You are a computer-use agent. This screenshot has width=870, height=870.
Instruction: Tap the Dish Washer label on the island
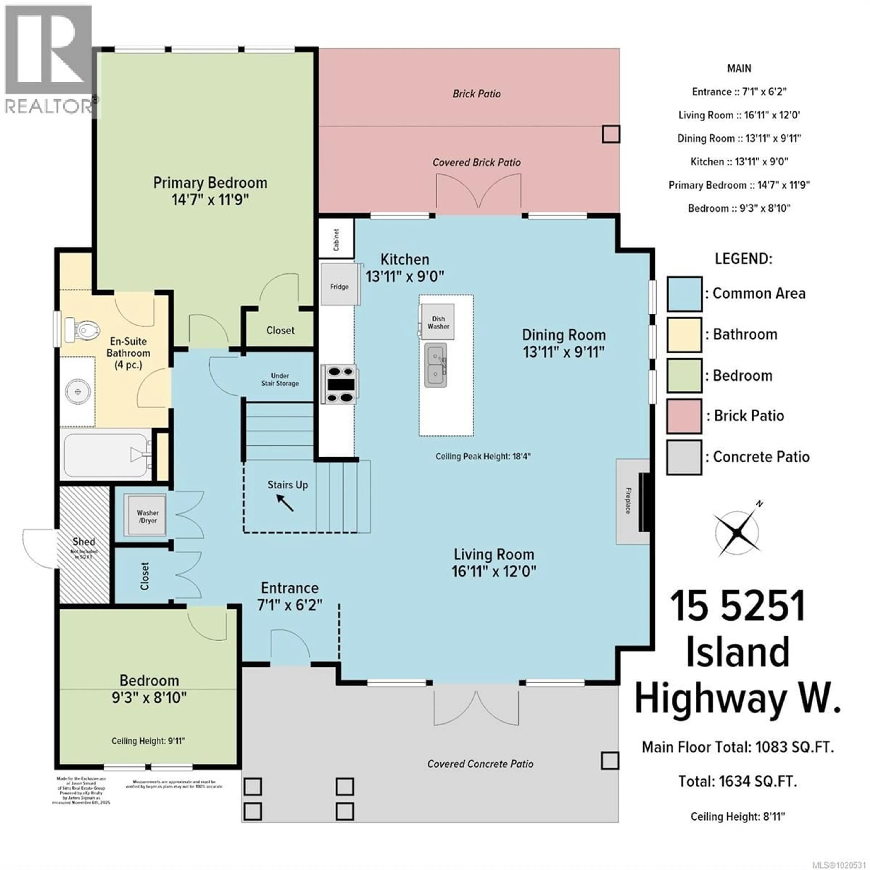[438, 322]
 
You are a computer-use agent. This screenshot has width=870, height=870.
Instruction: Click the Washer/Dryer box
[147, 517]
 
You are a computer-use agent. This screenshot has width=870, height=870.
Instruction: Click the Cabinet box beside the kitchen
[336, 239]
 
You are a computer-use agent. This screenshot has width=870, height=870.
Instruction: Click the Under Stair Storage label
[280, 379]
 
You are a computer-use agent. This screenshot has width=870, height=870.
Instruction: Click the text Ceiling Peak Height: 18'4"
[483, 456]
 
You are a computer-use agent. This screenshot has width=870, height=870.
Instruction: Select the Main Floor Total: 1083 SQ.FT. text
[738, 747]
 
